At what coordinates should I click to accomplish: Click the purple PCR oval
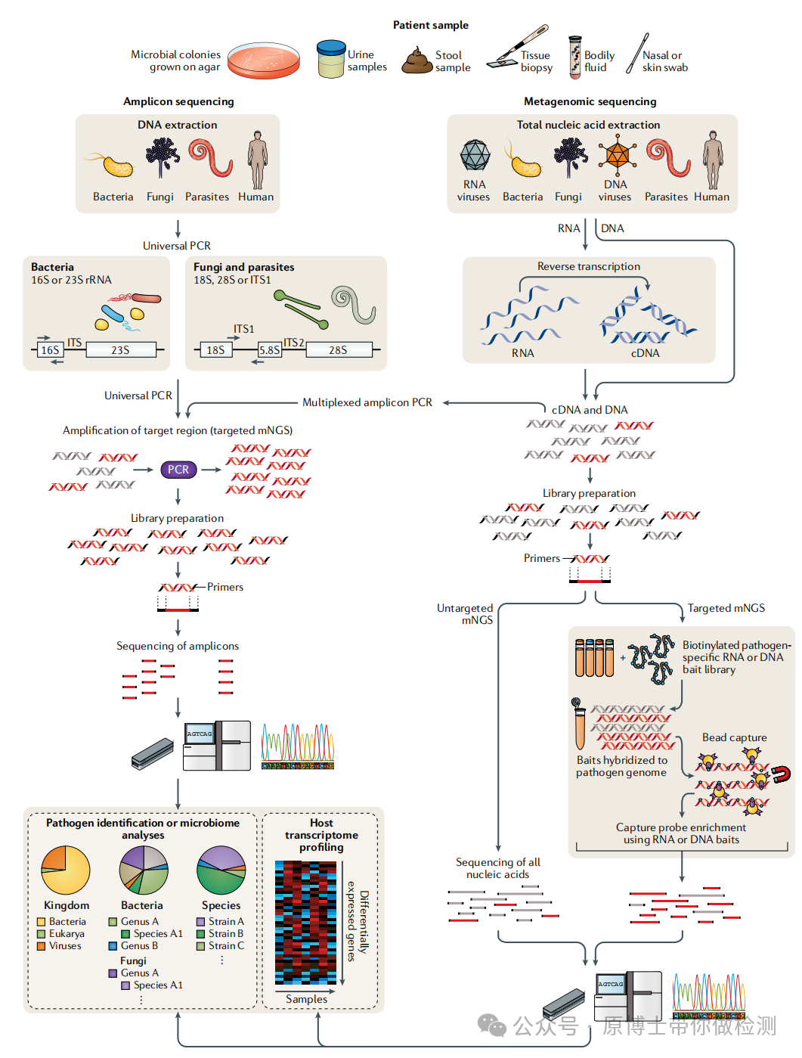point(178,470)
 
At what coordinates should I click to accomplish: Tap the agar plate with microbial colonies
point(264,61)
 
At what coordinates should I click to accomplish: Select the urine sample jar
point(330,59)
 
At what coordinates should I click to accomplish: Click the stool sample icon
point(416,61)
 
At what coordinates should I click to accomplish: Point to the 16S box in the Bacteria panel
point(50,350)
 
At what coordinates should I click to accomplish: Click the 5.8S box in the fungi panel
point(270,350)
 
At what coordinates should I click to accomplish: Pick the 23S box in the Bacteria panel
point(120,350)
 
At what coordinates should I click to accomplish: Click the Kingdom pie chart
point(66,870)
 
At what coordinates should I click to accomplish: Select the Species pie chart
point(221,870)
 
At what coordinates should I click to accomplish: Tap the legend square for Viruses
point(42,946)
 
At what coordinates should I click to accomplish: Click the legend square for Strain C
point(201,946)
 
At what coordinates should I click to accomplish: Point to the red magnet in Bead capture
point(781,774)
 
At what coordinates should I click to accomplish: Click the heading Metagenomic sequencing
point(590,101)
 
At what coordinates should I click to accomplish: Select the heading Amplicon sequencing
point(178,101)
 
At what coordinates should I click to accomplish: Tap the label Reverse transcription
point(589,266)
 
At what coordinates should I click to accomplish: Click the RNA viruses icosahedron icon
point(475,156)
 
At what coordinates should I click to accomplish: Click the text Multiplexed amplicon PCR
point(367,402)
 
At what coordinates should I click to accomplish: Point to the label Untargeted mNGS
point(466,614)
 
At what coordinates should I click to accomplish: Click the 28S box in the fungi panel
point(338,350)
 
